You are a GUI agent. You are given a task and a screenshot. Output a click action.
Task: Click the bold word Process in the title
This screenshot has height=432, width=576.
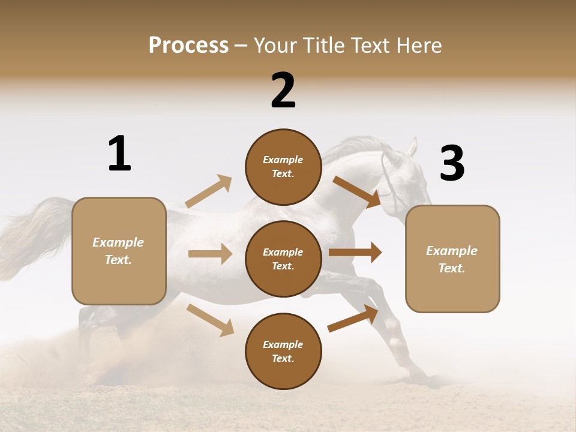(x=188, y=45)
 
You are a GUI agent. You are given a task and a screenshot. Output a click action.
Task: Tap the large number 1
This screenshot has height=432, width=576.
(x=119, y=154)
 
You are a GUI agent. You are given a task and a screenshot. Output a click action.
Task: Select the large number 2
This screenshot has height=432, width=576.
(x=283, y=91)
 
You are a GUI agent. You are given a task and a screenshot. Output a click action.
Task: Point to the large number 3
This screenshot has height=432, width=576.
(x=452, y=164)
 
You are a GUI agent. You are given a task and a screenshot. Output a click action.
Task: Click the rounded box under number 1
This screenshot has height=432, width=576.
(x=119, y=251)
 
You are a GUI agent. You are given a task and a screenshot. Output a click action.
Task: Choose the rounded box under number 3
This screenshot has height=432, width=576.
(x=452, y=259)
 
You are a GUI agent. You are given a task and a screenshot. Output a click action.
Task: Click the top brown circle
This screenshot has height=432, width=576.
(x=283, y=167)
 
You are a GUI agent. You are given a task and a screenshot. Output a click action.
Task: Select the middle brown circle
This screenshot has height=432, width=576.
(x=283, y=259)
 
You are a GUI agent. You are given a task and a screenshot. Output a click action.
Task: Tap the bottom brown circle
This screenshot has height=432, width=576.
(x=283, y=351)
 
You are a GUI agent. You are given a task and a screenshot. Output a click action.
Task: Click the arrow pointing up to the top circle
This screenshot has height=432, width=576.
(x=209, y=191)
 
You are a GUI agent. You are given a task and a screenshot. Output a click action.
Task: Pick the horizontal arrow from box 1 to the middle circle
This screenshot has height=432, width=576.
(x=210, y=254)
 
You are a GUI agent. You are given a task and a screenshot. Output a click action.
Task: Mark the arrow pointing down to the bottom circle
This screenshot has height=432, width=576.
(x=210, y=320)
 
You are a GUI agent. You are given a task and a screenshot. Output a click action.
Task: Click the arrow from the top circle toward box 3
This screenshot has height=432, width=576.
(x=357, y=191)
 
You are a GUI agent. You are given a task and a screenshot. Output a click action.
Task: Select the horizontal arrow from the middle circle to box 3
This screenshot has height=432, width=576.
(x=355, y=253)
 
